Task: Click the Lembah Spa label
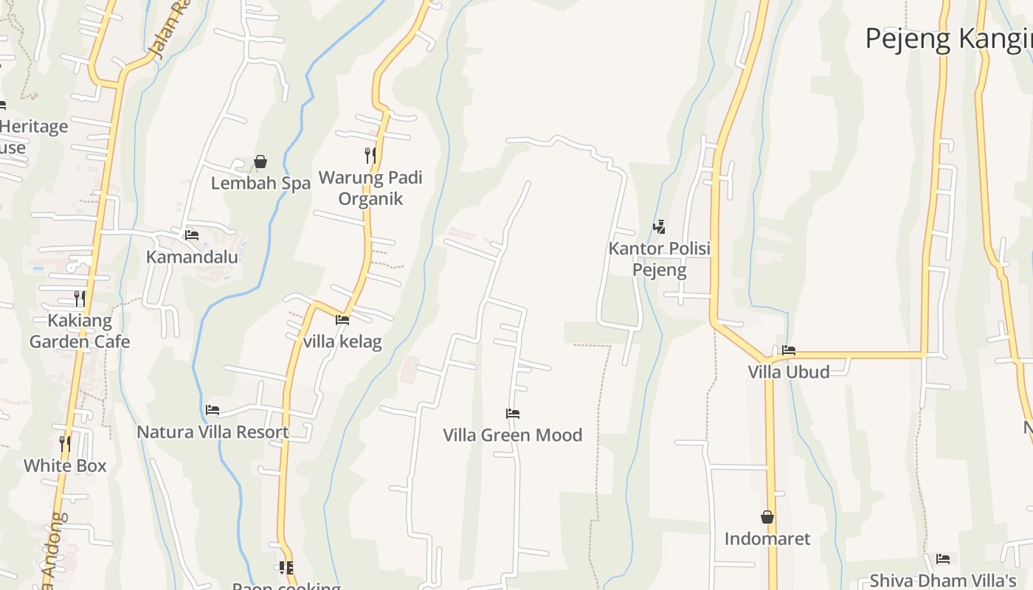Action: [260, 183]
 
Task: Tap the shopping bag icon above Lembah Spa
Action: [260, 162]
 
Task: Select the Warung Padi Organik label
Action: [370, 188]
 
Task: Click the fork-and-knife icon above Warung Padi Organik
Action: [370, 155]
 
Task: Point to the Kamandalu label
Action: [192, 257]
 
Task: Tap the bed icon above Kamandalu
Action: [192, 235]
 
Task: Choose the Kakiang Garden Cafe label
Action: [80, 330]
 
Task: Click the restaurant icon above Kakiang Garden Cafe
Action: [80, 298]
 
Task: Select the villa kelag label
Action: [342, 341]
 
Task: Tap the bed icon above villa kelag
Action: [342, 320]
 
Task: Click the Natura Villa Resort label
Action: [213, 431]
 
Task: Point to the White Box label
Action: [65, 465]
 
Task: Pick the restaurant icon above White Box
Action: [65, 443]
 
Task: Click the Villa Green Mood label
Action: [513, 435]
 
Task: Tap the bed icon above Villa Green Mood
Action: [513, 413]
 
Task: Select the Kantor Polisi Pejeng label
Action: [659, 259]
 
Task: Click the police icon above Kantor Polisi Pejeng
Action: [659, 227]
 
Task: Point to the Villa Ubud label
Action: [789, 372]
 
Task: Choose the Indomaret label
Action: [767, 538]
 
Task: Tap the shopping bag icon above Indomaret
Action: [767, 517]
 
